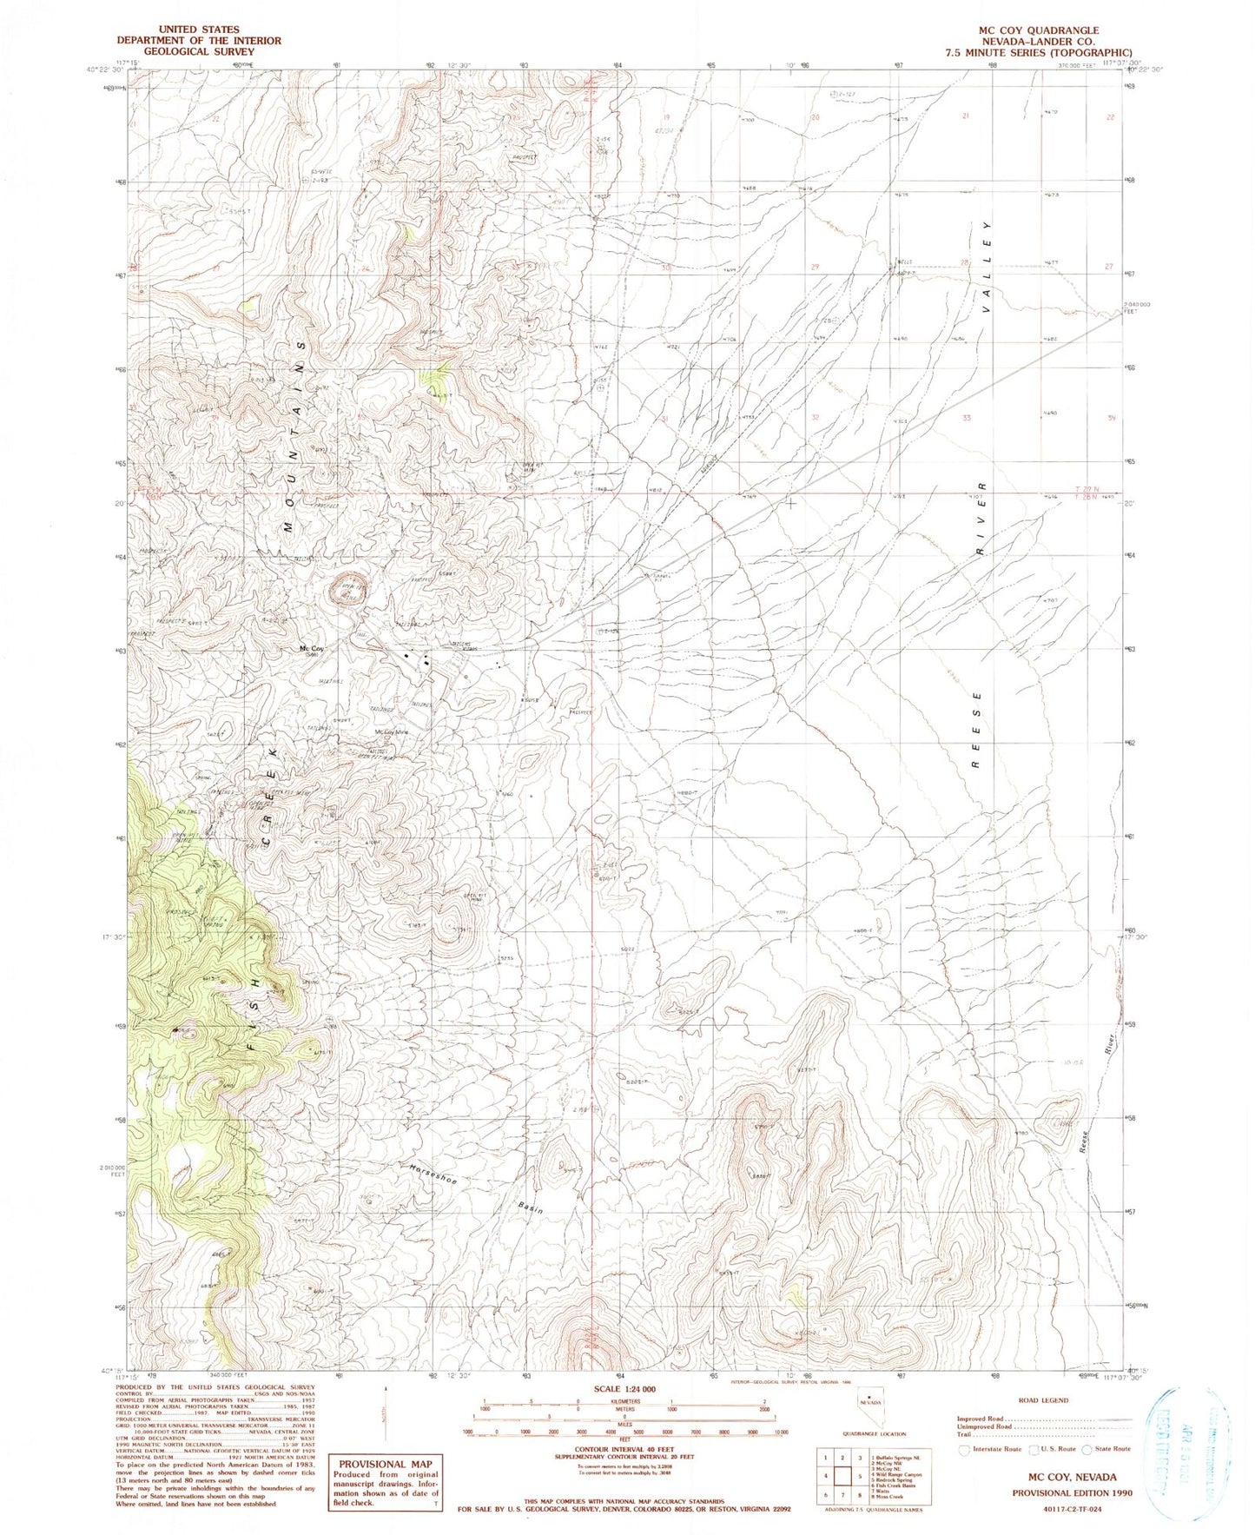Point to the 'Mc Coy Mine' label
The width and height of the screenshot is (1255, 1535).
[x=391, y=731]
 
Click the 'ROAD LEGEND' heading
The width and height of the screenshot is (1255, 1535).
[x=1036, y=1400]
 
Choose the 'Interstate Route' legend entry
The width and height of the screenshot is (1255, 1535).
[x=990, y=1449]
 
